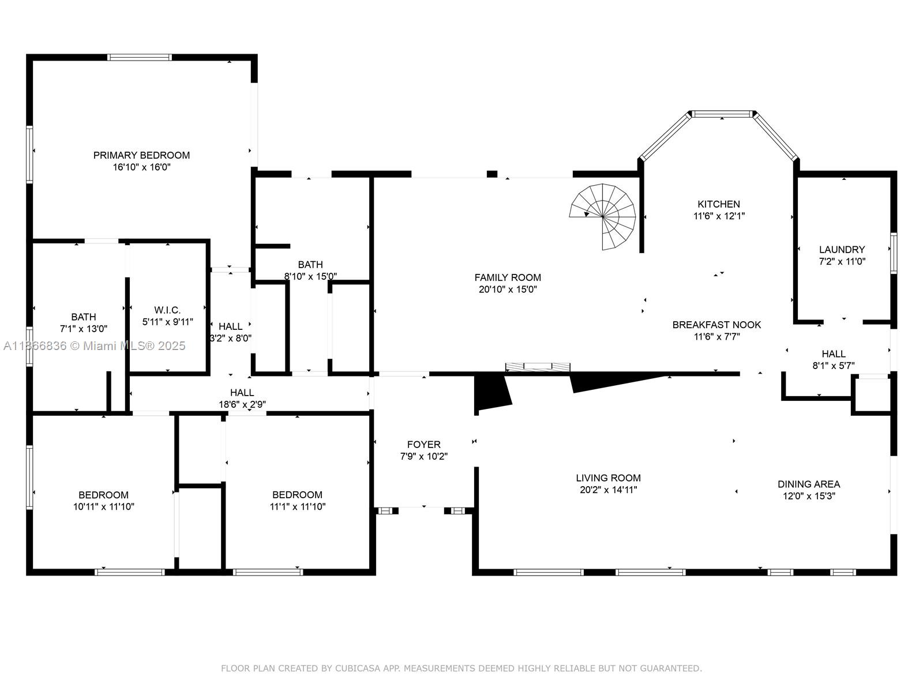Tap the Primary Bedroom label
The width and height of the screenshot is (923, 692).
141,155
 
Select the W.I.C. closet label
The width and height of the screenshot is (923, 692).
167,310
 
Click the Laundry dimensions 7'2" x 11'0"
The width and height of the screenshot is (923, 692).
842,261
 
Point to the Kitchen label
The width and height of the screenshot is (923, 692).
718,204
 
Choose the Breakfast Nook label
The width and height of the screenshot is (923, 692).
716,325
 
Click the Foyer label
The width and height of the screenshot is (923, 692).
423,445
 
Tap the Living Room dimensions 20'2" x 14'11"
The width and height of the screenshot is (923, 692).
608,490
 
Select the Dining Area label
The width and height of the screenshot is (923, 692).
808,484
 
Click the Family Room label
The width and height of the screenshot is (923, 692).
508,277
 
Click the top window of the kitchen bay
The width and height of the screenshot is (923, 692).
722,114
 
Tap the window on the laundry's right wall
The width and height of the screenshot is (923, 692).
894,253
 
